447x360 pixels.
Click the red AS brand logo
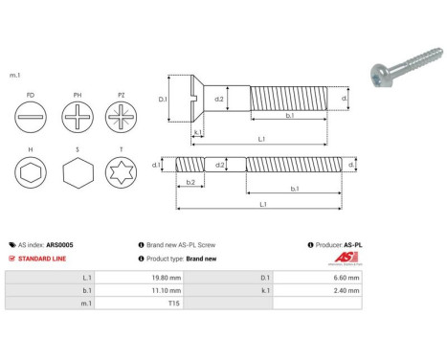[x=352, y=259]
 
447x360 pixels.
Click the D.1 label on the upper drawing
[x=162, y=99]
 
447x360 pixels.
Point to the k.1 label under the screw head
[x=196, y=131]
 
